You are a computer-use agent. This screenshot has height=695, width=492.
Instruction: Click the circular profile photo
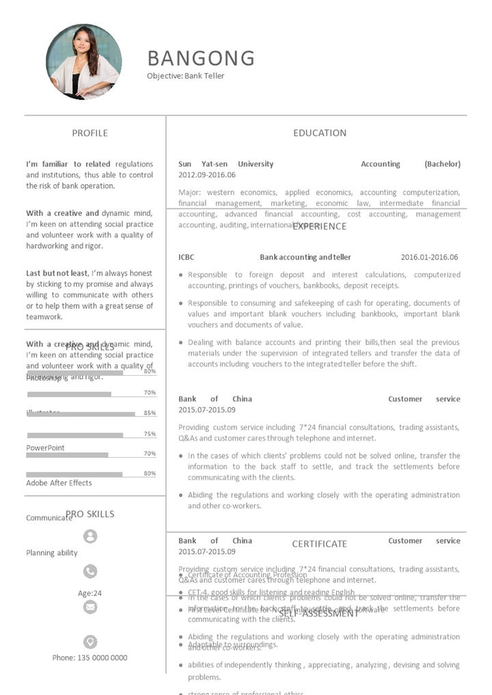coord(83,62)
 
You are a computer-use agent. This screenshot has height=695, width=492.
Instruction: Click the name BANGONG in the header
coord(201,58)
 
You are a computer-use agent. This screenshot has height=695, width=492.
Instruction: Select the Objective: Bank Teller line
coord(185,76)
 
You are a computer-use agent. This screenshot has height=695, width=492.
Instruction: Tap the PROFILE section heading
coord(90,133)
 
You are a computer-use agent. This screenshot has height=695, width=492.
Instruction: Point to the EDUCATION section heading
coord(320,133)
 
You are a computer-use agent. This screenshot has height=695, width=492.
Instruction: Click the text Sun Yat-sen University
coord(225,164)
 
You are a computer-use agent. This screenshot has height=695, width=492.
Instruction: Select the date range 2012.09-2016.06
coord(207,175)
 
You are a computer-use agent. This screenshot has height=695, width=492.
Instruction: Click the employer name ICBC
coord(186,258)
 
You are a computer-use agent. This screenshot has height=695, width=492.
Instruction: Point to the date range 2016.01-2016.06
coord(429,258)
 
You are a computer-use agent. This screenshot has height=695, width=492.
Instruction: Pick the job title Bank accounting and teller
coord(305,258)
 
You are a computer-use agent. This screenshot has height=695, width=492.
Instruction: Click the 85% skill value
coord(150,413)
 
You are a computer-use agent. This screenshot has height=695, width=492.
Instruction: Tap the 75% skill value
coord(150,434)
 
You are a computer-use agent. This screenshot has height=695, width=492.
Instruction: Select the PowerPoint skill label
coord(46,448)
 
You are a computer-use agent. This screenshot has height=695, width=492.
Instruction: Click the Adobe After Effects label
coord(59,483)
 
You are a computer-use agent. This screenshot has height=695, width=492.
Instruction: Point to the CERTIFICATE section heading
coord(320,544)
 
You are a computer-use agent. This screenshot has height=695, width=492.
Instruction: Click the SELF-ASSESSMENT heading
coord(318,614)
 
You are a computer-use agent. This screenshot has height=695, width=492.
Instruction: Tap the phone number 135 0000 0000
coord(90,658)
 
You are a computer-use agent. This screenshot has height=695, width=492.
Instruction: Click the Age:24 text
coord(90,593)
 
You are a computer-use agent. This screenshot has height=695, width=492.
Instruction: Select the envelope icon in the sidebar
coord(90,607)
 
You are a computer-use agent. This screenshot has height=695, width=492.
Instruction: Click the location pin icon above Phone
coord(90,642)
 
